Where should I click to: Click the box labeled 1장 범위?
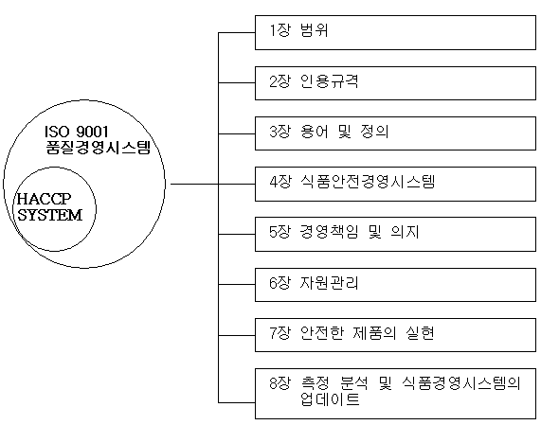[395, 32]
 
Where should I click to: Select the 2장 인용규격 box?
[395, 83]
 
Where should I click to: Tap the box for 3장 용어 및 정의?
[395, 133]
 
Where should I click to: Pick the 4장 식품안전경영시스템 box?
[395, 184]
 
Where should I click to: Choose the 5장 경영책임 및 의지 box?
[395, 234]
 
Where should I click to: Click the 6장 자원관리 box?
[395, 284]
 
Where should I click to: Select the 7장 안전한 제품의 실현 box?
[395, 335]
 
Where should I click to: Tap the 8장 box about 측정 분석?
[395, 394]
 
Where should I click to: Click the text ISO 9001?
[76, 132]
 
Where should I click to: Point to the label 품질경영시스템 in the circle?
[99, 147]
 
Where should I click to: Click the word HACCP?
[44, 199]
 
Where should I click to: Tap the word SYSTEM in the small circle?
[50, 215]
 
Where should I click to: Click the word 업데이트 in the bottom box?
[330, 399]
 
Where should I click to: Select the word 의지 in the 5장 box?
[405, 232]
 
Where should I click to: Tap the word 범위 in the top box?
[314, 30]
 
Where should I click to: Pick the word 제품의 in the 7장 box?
[374, 332]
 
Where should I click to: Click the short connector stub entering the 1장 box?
[237, 33]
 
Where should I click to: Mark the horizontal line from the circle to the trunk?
[194, 184]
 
